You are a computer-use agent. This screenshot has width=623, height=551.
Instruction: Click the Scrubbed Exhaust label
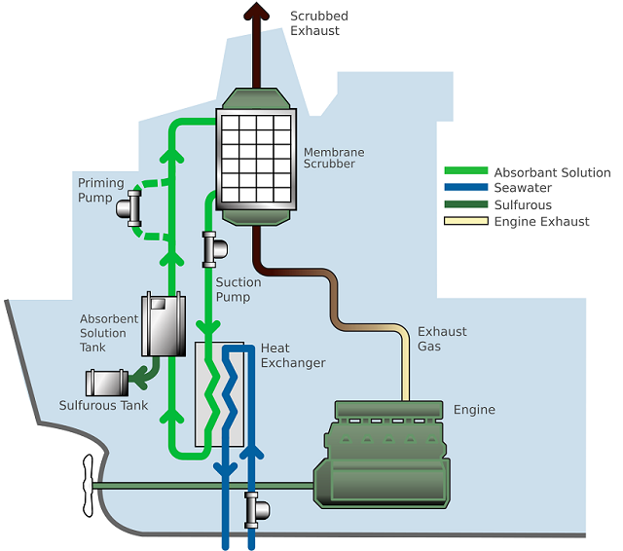pyautogui.click(x=318, y=23)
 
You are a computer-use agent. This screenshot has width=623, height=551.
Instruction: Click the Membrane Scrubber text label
pyautogui.click(x=334, y=158)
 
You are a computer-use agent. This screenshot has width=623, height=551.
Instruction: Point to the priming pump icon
pyautogui.click(x=128, y=206)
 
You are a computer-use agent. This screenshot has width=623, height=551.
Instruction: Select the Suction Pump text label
pyautogui.click(x=238, y=289)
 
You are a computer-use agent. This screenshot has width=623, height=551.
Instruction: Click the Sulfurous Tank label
pyautogui.click(x=103, y=405)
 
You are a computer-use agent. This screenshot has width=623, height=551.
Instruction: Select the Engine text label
pyautogui.click(x=474, y=410)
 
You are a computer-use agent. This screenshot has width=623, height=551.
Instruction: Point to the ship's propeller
pyautogui.click(x=86, y=484)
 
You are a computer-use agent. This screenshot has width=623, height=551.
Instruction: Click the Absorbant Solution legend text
pyautogui.click(x=552, y=172)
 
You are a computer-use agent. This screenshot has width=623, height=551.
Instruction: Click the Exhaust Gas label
pyautogui.click(x=442, y=339)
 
